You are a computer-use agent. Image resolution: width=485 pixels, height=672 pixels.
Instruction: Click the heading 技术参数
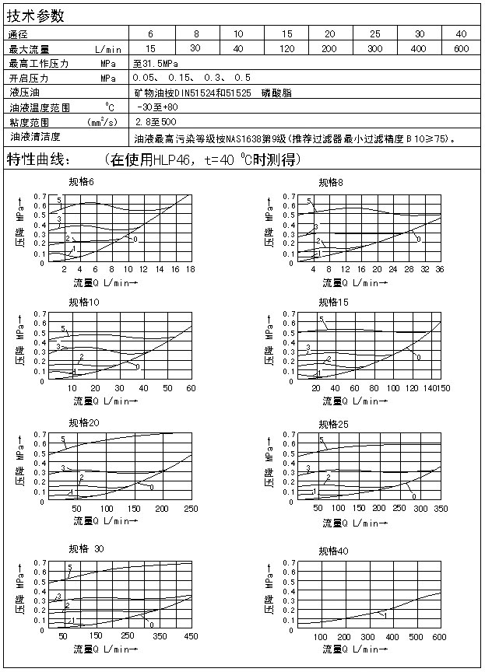(x=36, y=16)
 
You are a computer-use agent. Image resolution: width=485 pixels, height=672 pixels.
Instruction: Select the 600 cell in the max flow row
(x=461, y=48)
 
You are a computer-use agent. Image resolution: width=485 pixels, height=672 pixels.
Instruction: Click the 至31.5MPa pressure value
(x=156, y=63)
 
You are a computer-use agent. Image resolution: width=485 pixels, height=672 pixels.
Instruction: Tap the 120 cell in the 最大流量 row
(x=287, y=48)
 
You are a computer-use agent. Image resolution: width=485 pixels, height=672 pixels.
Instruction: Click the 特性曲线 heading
(x=38, y=160)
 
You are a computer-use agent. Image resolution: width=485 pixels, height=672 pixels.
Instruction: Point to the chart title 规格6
(x=81, y=182)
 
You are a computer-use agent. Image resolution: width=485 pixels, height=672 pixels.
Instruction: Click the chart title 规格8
(x=331, y=182)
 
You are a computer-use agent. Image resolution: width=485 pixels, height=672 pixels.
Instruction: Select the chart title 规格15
(x=333, y=302)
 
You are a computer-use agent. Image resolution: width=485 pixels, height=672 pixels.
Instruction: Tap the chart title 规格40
(x=333, y=551)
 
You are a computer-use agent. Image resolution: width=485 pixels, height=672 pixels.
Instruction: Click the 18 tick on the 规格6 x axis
(x=189, y=269)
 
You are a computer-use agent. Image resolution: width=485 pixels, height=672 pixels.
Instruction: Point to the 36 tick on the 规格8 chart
(x=441, y=269)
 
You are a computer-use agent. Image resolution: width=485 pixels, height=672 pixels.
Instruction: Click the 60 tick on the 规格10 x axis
(x=191, y=388)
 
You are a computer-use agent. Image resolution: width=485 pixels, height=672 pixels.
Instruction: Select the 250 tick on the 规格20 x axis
(x=190, y=508)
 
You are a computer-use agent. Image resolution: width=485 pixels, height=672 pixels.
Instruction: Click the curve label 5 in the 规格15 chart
(x=321, y=320)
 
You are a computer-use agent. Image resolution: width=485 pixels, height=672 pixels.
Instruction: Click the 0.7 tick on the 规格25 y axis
(x=288, y=434)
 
